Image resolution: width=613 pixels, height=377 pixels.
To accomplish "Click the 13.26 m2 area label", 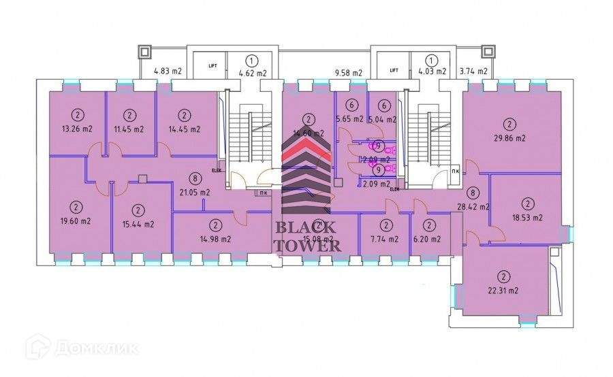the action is click(76, 129).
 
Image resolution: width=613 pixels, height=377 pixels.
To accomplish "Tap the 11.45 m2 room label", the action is click(129, 129).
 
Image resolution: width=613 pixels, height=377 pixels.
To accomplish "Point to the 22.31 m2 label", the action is click(503, 291).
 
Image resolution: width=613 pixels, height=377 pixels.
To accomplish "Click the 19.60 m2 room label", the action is click(76, 221).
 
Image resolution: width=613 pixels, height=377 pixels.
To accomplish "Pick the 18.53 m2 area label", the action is click(526, 218).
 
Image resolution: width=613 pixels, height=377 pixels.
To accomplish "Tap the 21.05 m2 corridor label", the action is click(195, 193).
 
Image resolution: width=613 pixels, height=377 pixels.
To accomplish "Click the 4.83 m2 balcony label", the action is click(168, 71).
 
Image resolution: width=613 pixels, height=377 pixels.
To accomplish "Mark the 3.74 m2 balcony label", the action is click(473, 71).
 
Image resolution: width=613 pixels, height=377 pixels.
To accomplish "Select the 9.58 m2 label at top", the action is click(348, 72).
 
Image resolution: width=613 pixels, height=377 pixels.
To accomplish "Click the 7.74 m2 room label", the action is click(386, 239).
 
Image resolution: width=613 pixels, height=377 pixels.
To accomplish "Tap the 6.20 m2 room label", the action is click(429, 239).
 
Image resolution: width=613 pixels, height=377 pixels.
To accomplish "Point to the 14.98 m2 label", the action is click(215, 239).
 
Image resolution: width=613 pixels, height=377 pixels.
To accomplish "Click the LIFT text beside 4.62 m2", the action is click(213, 66).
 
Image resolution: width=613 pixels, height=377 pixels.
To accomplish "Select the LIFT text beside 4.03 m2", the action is click(394, 70).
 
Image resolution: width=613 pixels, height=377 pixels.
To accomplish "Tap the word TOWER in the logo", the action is click(307, 245).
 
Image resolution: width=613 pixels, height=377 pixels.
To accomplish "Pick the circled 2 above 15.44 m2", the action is click(138, 210).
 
